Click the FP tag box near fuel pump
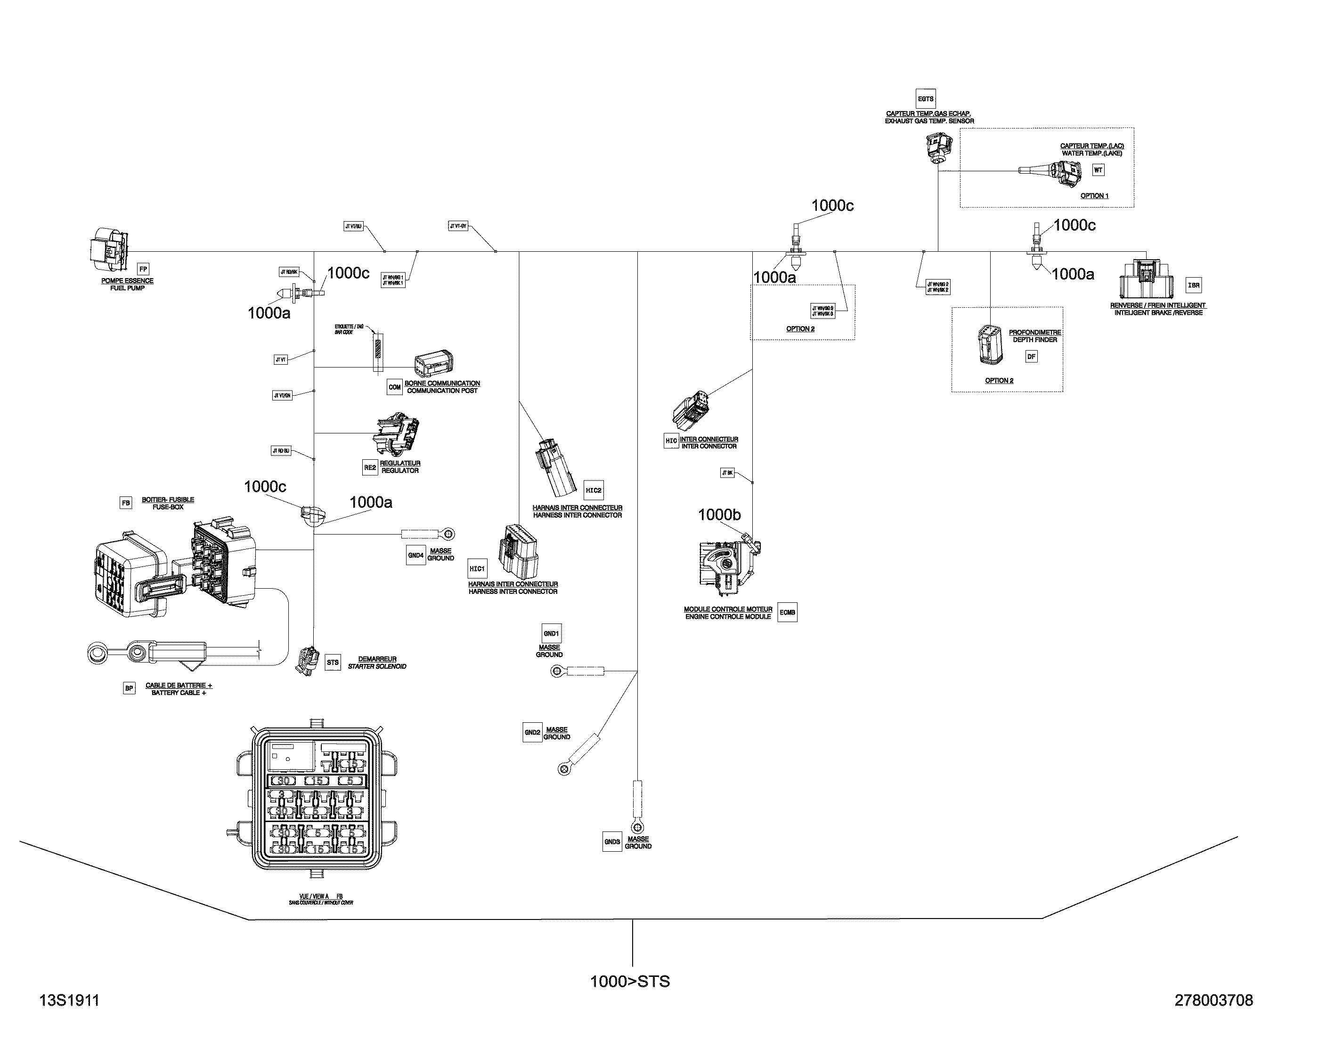pyautogui.click(x=143, y=269)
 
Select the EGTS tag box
pyautogui.click(x=925, y=99)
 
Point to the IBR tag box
pyautogui.click(x=1193, y=285)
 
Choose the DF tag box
pyautogui.click(x=1031, y=356)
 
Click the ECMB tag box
pyautogui.click(x=787, y=612)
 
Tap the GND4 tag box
pyautogui.click(x=415, y=555)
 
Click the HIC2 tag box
pyautogui.click(x=593, y=490)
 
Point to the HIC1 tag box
pyautogui.click(x=477, y=568)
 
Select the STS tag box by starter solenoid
pyautogui.click(x=333, y=662)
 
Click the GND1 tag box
pyautogui.click(x=551, y=633)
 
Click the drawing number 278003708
pyautogui.click(x=1213, y=1000)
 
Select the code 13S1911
pyautogui.click(x=69, y=1000)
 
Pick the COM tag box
pyautogui.click(x=394, y=387)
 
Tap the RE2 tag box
pyautogui.click(x=370, y=467)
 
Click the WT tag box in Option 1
pyautogui.click(x=1098, y=170)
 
